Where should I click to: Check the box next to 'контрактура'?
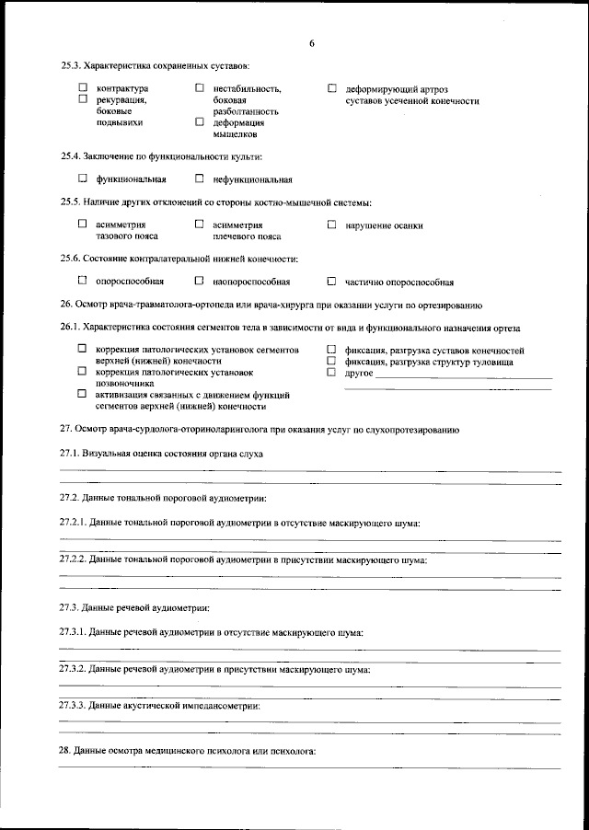[x=82, y=88]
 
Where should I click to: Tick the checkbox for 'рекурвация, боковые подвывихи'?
[x=82, y=98]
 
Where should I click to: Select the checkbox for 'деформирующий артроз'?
[x=332, y=88]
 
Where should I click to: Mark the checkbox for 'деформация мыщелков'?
[x=199, y=121]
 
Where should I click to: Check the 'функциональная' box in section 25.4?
[x=82, y=179]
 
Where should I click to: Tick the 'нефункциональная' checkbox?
[x=199, y=179]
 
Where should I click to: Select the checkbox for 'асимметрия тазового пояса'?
[x=82, y=224]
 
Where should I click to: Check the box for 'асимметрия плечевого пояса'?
[x=199, y=224]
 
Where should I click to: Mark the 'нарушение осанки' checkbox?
[x=332, y=224]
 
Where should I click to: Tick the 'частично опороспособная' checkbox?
[x=332, y=282]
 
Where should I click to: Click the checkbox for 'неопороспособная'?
[x=199, y=281]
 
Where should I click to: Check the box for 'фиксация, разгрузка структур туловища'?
[x=332, y=361]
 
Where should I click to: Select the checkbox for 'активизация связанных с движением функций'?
[x=82, y=393]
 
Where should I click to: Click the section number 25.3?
[x=70, y=65]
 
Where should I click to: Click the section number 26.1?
[x=70, y=328]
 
